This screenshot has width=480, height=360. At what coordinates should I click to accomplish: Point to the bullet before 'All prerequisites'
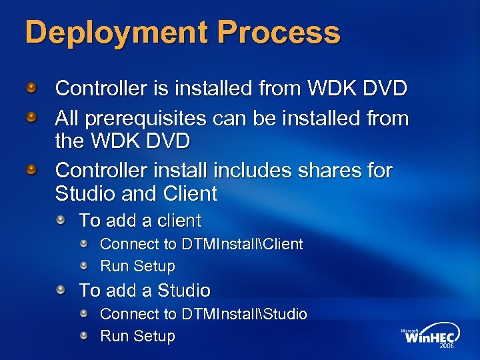(x=31, y=117)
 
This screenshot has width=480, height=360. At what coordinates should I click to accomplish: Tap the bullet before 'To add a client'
(x=61, y=219)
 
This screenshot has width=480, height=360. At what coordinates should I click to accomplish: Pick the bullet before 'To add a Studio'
(x=61, y=289)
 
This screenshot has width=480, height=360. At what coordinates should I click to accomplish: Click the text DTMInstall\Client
(x=242, y=245)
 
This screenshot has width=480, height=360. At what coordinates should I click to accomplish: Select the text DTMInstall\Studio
(x=244, y=314)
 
